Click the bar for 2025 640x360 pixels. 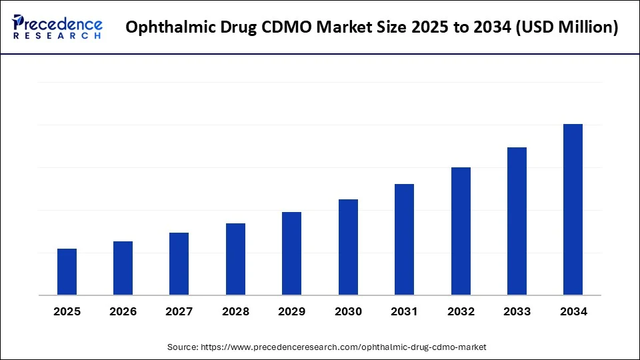click(x=67, y=272)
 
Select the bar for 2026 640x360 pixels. click(x=123, y=268)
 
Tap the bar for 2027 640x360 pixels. click(x=179, y=264)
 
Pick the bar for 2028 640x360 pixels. click(x=235, y=259)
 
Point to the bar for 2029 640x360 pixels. click(x=291, y=253)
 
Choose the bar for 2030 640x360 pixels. click(x=348, y=247)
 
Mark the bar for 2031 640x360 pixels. click(x=404, y=239)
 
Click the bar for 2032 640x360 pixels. click(x=461, y=231)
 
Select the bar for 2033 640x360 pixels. click(x=517, y=221)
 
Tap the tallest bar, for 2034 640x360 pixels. click(x=573, y=209)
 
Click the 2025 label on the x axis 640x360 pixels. click(x=67, y=311)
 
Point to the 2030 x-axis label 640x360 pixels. click(x=348, y=311)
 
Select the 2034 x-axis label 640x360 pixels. click(x=573, y=311)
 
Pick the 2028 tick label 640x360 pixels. click(x=235, y=311)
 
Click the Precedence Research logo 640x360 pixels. click(x=57, y=27)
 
